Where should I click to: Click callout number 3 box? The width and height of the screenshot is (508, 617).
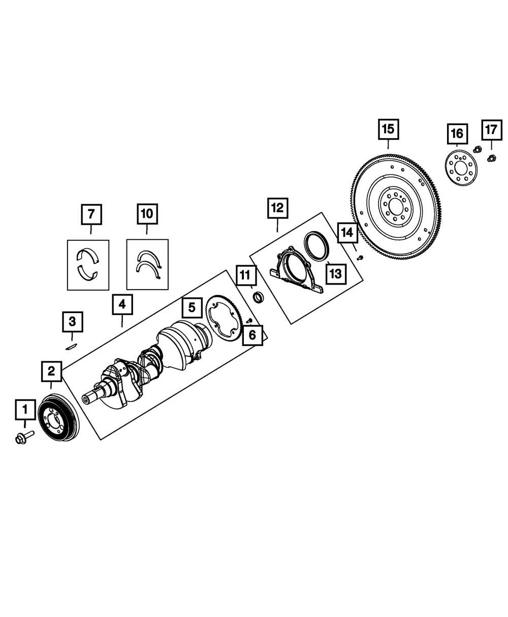coord(72,321)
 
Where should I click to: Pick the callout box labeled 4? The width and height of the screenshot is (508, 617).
coord(122,305)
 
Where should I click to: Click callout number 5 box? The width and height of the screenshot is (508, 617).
coord(192,307)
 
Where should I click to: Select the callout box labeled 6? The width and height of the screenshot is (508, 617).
coord(252,335)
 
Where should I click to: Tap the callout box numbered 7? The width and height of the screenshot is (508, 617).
coord(91,214)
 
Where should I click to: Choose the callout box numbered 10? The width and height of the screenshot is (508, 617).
coord(147,214)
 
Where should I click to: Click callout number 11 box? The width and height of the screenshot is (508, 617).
coord(245,276)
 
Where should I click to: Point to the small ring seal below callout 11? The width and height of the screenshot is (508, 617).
coord(258,296)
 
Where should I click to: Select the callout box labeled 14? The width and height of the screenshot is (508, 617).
coord(347,234)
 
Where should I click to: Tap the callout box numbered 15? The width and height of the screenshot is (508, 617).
coord(388,130)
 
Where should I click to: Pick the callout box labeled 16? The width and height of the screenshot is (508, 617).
coord(457,134)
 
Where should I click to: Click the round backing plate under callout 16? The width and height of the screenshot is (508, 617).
coord(461,168)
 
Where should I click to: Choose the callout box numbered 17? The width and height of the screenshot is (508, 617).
coord(491,130)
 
